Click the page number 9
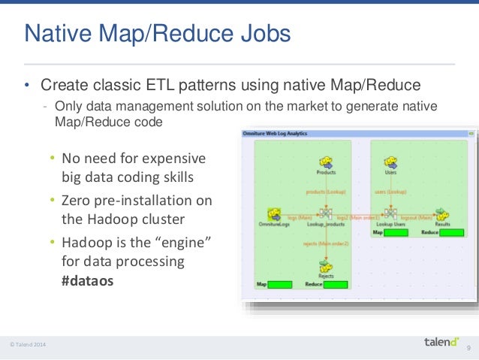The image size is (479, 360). pyautogui.click(x=469, y=347)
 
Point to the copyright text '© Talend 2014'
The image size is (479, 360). pyautogui.click(x=28, y=345)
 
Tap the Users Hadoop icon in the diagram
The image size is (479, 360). pyautogui.click(x=390, y=161)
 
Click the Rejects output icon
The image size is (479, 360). pyautogui.click(x=326, y=265)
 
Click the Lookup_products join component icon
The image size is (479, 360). pyautogui.click(x=326, y=214)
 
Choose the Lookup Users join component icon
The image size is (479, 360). pyautogui.click(x=390, y=214)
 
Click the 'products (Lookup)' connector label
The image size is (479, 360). pyautogui.click(x=326, y=192)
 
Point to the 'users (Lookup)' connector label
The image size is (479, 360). pyautogui.click(x=390, y=192)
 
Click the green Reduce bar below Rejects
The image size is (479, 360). pyautogui.click(x=336, y=285)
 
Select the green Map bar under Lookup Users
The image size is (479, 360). pyautogui.click(x=396, y=233)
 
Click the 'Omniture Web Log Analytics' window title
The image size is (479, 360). pyautogui.click(x=275, y=133)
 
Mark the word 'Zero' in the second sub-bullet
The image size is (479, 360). pyautogui.click(x=77, y=201)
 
